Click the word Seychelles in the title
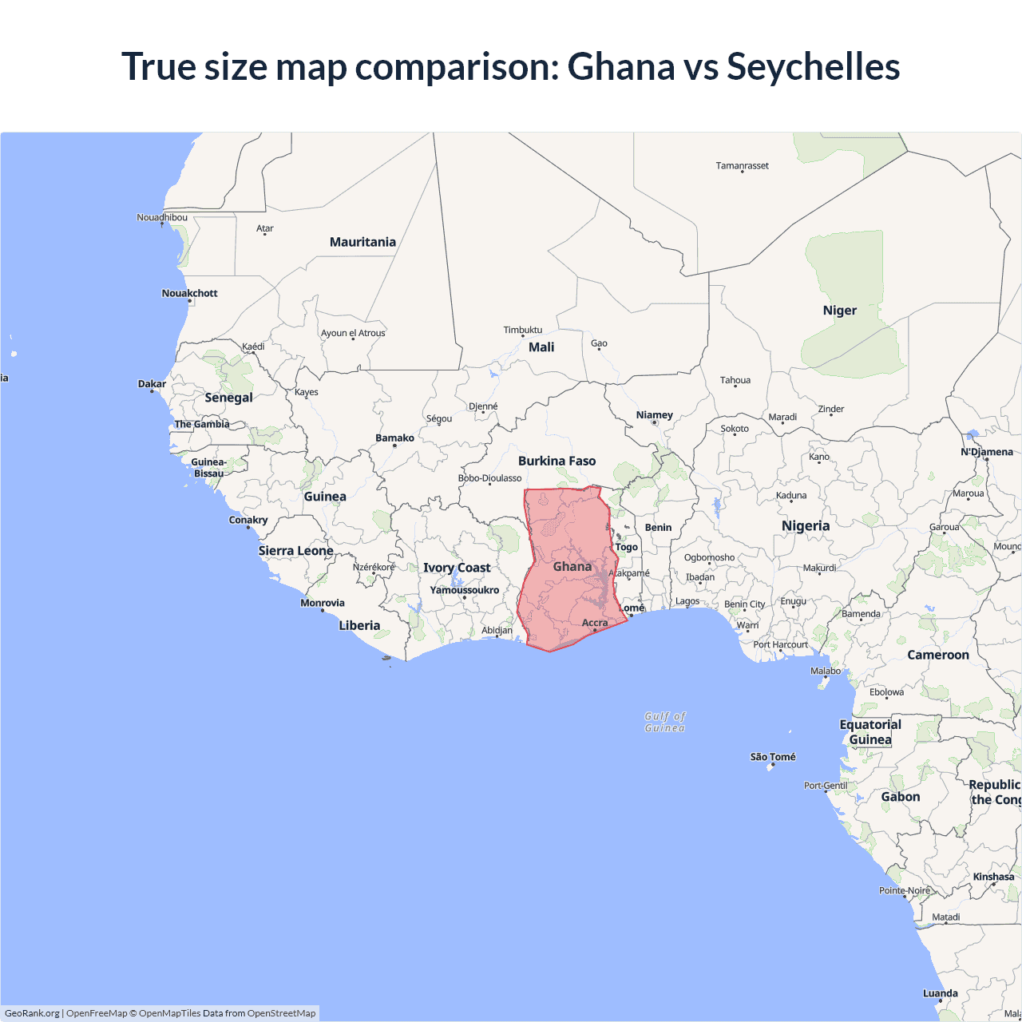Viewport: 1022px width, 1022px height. point(813,66)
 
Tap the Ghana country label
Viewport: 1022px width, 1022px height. point(572,566)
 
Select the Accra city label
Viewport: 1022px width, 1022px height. point(595,623)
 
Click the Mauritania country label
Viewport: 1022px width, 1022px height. point(362,242)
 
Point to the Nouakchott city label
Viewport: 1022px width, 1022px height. point(189,293)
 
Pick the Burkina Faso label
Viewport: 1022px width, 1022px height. point(557,461)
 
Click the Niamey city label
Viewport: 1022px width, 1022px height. point(654,414)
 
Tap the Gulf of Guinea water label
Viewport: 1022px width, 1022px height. point(665,722)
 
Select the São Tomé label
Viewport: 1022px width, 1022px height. point(773,756)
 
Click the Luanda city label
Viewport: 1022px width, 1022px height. point(940,993)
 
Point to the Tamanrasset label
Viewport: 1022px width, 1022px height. point(742,165)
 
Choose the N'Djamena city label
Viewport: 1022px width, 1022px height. point(986,452)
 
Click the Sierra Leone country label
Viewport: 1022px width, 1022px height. point(295,551)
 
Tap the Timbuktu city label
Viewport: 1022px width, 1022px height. point(522,330)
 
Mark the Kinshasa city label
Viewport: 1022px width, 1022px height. point(993,877)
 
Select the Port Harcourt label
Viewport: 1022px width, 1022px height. point(780,644)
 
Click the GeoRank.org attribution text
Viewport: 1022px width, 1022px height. point(32,1013)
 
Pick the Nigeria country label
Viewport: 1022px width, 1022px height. point(805,526)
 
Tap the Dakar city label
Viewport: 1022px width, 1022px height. point(152,384)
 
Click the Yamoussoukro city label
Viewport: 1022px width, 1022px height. point(464,590)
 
